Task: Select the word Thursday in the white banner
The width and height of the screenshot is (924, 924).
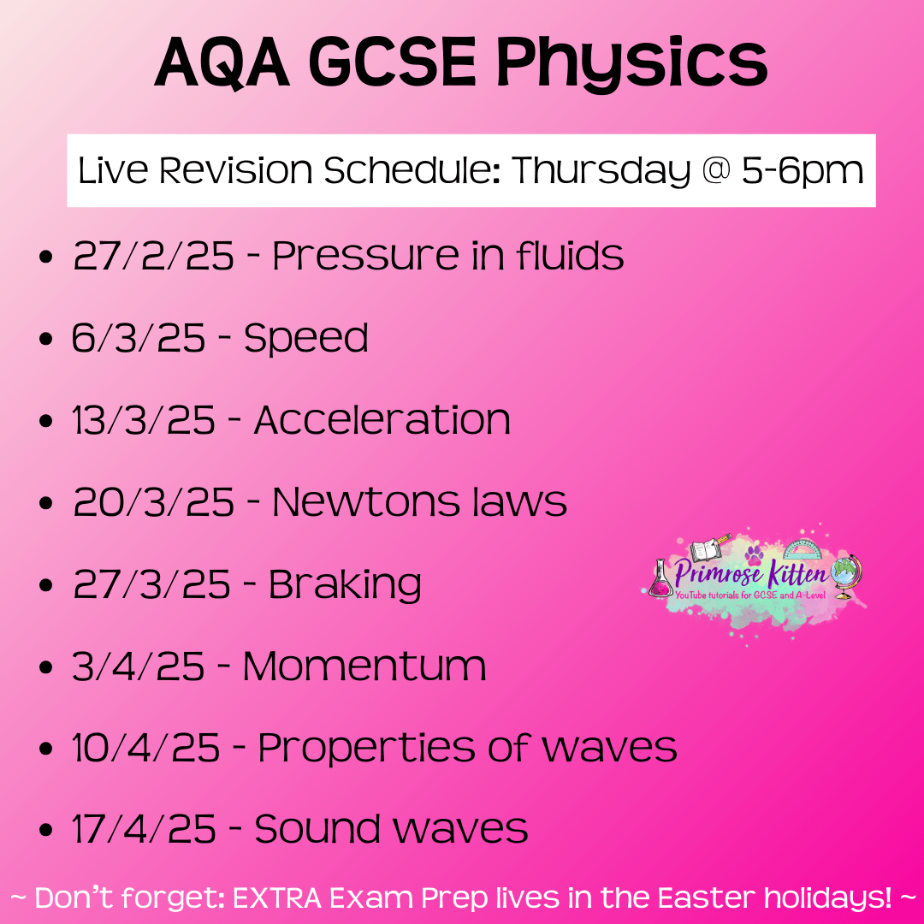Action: (601, 171)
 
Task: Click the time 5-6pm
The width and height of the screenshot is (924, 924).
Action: (803, 171)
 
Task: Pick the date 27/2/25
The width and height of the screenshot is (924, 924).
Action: (153, 256)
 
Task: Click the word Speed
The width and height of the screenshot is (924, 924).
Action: (306, 339)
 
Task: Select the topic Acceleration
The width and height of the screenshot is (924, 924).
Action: (382, 420)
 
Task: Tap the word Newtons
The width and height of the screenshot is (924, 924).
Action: (366, 502)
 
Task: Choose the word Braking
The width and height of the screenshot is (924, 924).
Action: (345, 585)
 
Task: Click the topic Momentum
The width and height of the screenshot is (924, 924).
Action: (364, 666)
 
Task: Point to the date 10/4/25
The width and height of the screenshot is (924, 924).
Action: (146, 749)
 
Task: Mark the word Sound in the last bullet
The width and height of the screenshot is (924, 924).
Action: (317, 829)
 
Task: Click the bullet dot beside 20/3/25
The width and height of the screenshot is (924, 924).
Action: (45, 504)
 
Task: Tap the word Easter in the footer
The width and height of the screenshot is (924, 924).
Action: (706, 897)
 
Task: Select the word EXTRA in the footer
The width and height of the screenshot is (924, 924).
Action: (277, 897)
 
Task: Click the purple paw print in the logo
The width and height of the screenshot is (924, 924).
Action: (754, 554)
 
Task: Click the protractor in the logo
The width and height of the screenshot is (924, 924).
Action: (802, 549)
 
